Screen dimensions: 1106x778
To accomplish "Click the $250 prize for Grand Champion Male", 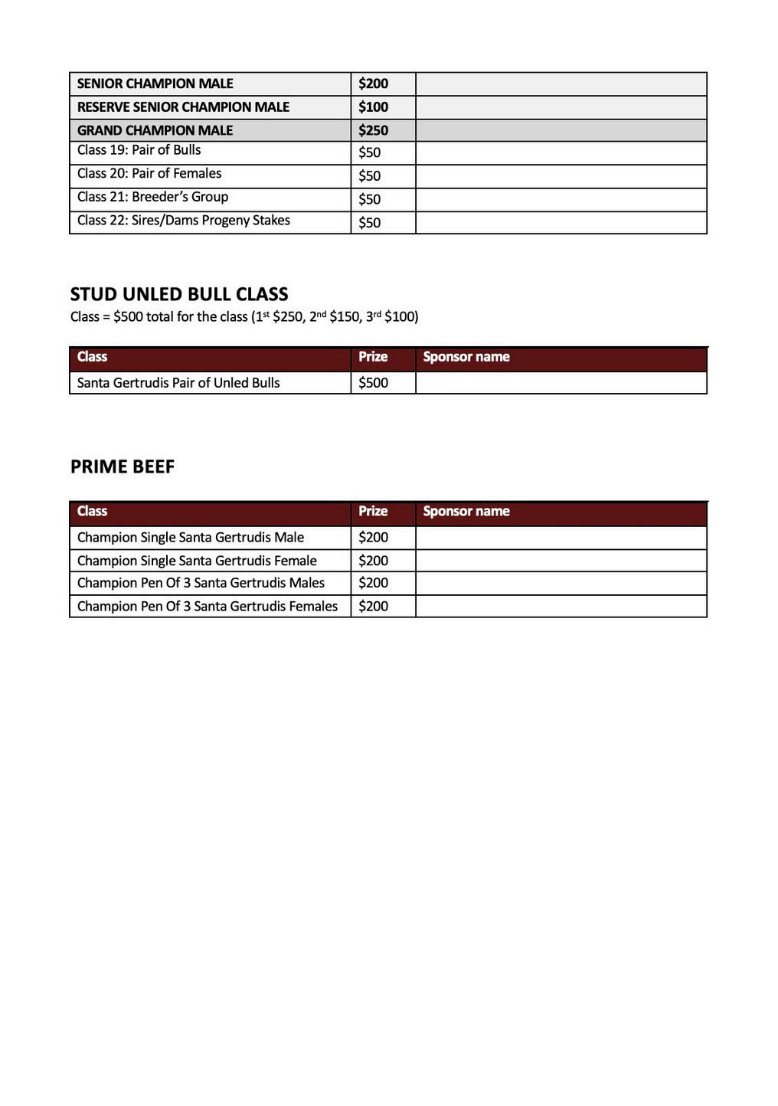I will (x=373, y=130).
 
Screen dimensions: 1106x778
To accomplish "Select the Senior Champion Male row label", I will (x=155, y=83).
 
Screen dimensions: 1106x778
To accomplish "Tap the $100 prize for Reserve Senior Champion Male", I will (x=373, y=107).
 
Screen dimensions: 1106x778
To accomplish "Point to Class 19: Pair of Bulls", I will (x=139, y=150).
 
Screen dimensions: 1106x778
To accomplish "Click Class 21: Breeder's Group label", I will (x=152, y=197).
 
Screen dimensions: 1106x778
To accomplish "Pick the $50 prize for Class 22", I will (x=369, y=223).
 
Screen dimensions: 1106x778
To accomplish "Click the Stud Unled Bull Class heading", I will (x=179, y=294).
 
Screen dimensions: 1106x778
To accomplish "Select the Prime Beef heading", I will (x=123, y=466).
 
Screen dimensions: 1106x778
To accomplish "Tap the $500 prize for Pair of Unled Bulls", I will (x=373, y=383).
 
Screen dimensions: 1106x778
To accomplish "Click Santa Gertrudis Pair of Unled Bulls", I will (x=178, y=383).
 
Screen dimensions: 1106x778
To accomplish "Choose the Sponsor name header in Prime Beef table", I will (x=466, y=511).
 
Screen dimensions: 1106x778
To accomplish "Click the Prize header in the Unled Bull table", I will (x=373, y=357).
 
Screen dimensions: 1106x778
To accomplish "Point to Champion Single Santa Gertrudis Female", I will (x=197, y=561).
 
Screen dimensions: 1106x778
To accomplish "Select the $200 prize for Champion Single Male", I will (x=373, y=538).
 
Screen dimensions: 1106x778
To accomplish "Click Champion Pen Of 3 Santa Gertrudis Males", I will (x=201, y=583).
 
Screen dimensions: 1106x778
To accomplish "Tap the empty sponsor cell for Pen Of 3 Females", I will (x=561, y=607).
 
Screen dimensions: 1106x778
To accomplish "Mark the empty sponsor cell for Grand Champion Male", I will (x=561, y=130).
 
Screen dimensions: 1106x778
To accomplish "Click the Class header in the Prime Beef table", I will (x=92, y=511).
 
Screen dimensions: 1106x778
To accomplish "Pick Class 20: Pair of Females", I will (x=149, y=174).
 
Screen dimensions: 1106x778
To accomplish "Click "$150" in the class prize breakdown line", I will (x=345, y=317).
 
